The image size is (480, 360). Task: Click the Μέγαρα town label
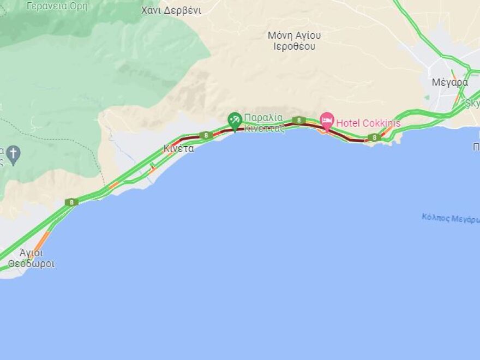[449, 83]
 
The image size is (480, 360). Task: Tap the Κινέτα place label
[178, 148]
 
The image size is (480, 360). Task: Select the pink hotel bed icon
[327, 121]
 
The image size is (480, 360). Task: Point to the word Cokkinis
[379, 123]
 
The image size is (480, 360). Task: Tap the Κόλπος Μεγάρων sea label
[451, 218]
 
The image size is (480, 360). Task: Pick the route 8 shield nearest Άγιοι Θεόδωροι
[71, 202]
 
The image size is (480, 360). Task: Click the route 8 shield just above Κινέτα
[206, 135]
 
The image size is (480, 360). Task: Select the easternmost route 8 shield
[374, 138]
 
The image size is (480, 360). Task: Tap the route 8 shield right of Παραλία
[298, 120]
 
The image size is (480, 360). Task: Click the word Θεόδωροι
[31, 265]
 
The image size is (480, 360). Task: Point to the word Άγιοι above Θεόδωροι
[31, 253]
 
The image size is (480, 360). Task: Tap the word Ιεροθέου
[295, 46]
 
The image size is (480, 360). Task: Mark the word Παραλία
[263, 117]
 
